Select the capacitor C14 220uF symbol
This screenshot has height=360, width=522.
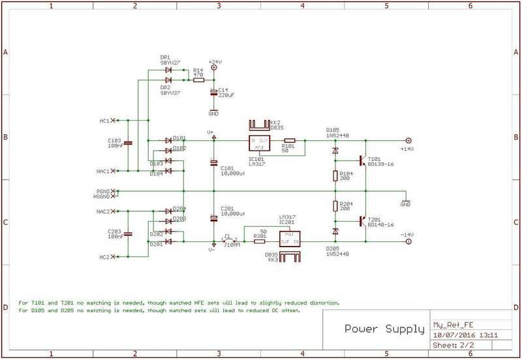(213, 91)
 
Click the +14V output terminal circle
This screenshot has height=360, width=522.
(409, 140)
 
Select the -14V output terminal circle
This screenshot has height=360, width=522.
(409, 241)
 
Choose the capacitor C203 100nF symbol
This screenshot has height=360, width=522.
(128, 233)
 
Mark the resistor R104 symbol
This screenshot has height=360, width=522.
(335, 176)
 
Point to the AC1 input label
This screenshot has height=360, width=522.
(102, 121)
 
